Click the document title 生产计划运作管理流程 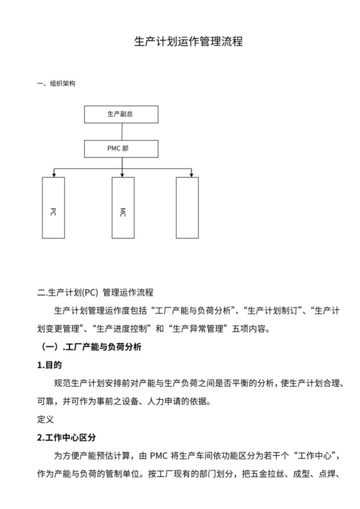(179, 42)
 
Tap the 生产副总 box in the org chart (121, 114)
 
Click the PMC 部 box (121, 148)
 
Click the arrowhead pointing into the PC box (53, 174)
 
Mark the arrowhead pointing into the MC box (122, 174)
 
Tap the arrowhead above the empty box (192, 174)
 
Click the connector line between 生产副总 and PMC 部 (122, 131)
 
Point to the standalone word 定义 (46, 419)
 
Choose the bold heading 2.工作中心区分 (67, 437)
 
